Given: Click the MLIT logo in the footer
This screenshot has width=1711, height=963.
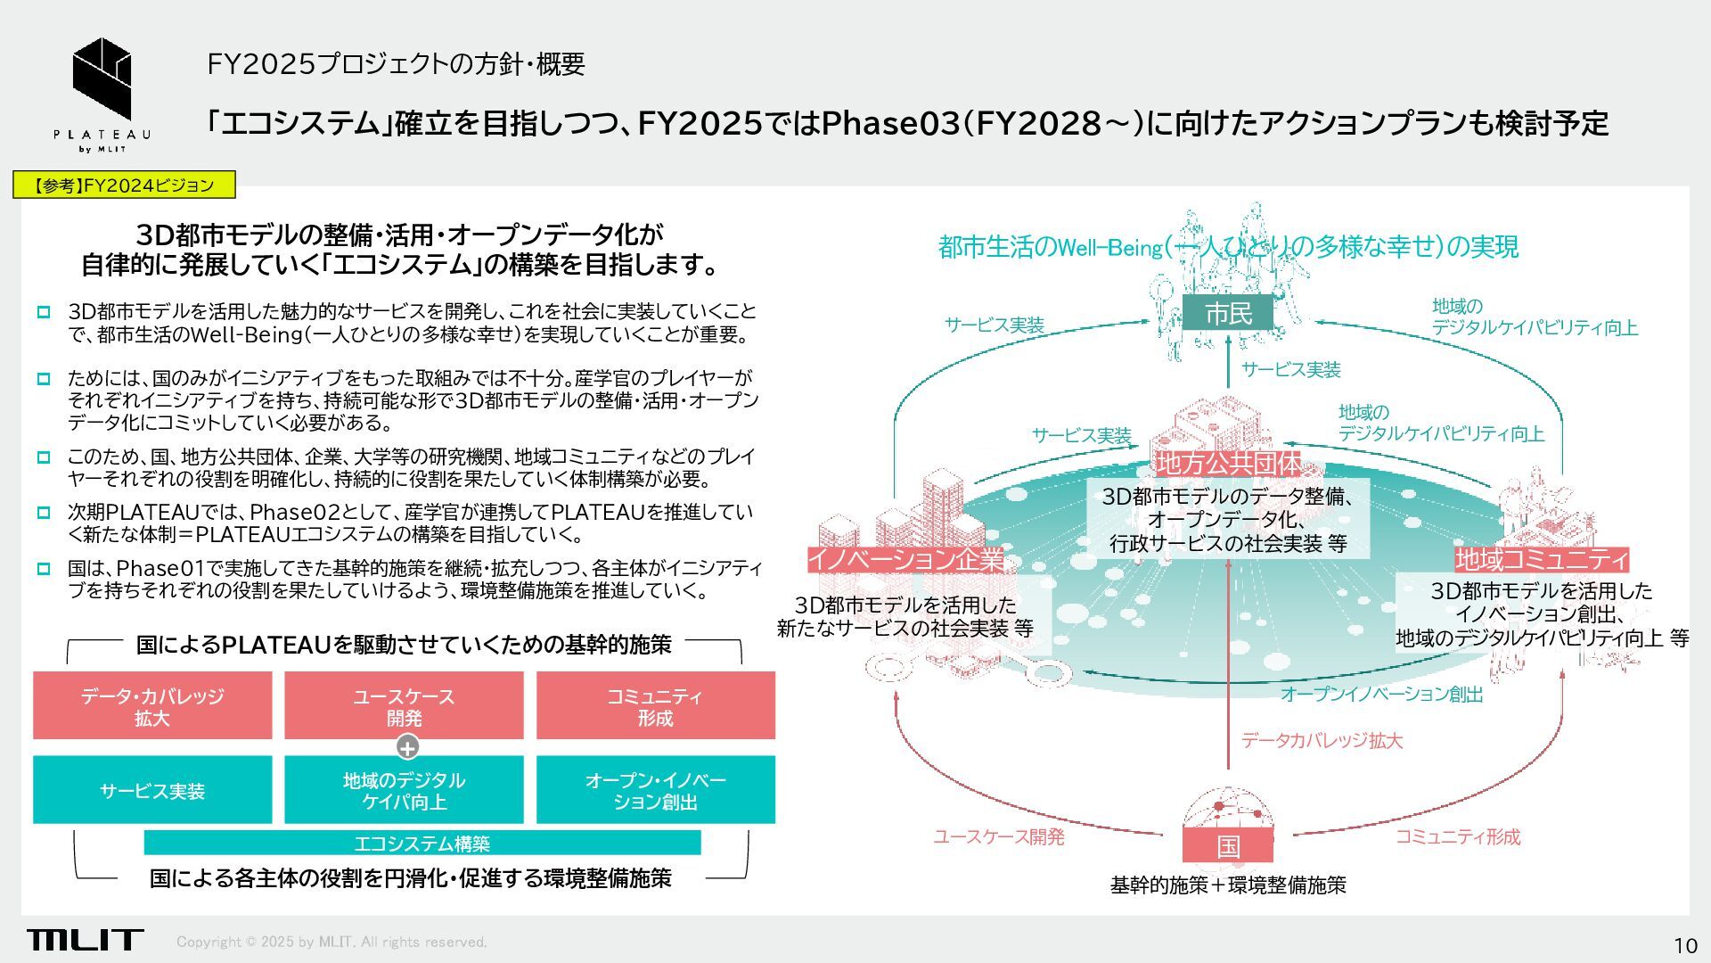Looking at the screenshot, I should (85, 940).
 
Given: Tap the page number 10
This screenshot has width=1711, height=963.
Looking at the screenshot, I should (1684, 946).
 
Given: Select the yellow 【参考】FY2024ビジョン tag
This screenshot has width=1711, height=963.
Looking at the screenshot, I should (125, 185).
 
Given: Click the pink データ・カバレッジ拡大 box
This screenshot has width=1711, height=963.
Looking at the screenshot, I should (152, 706).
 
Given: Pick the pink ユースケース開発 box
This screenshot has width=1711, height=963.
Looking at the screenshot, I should (404, 706).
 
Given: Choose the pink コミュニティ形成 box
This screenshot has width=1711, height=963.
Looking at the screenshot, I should (655, 706).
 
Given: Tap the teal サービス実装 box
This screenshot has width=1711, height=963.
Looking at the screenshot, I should (152, 790).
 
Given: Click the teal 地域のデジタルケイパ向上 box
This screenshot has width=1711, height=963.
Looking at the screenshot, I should (404, 790).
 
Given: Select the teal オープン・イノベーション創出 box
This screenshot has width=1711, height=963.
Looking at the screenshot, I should (655, 790).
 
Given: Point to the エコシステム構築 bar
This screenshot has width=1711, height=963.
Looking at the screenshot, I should (422, 843).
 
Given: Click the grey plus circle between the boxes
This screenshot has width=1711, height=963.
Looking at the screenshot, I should (407, 747).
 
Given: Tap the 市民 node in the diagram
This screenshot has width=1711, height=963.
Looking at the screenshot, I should (1228, 313).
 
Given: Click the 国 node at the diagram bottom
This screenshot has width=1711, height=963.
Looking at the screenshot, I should (1228, 845).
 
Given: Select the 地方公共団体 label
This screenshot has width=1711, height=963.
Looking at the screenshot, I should (1228, 464).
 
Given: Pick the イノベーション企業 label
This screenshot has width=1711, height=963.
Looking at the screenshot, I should (905, 560).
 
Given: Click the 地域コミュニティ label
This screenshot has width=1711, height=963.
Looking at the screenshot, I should (1542, 560).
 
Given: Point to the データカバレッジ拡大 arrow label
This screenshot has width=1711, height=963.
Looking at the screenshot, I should (1322, 741).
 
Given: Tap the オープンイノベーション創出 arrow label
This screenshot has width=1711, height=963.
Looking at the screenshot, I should (1381, 695).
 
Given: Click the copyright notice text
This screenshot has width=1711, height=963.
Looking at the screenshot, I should (332, 942).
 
